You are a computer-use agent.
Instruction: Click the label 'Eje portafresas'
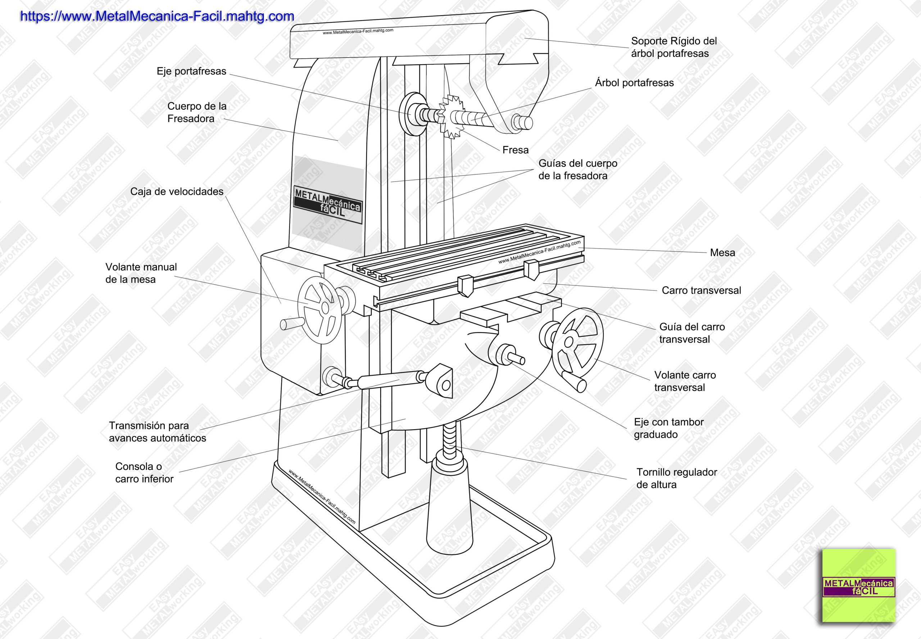tap(191, 71)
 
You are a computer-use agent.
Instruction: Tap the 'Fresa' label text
tap(516, 150)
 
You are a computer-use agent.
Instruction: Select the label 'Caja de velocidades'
tap(177, 192)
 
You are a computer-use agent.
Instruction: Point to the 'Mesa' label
tap(722, 253)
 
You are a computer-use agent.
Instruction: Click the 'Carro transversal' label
tap(701, 291)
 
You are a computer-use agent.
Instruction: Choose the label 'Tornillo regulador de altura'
tap(676, 479)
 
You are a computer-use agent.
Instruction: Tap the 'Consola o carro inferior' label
tap(144, 473)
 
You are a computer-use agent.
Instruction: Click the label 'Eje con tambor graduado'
tap(668, 429)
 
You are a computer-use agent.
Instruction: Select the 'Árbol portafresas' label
tap(634, 83)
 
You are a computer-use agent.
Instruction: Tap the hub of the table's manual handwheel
tap(325, 308)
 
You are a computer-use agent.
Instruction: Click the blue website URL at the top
tap(157, 17)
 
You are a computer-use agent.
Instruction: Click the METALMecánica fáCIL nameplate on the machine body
tap(328, 205)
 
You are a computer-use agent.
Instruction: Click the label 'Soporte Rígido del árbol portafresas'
tap(673, 47)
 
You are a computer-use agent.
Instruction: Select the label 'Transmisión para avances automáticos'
tap(157, 432)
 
